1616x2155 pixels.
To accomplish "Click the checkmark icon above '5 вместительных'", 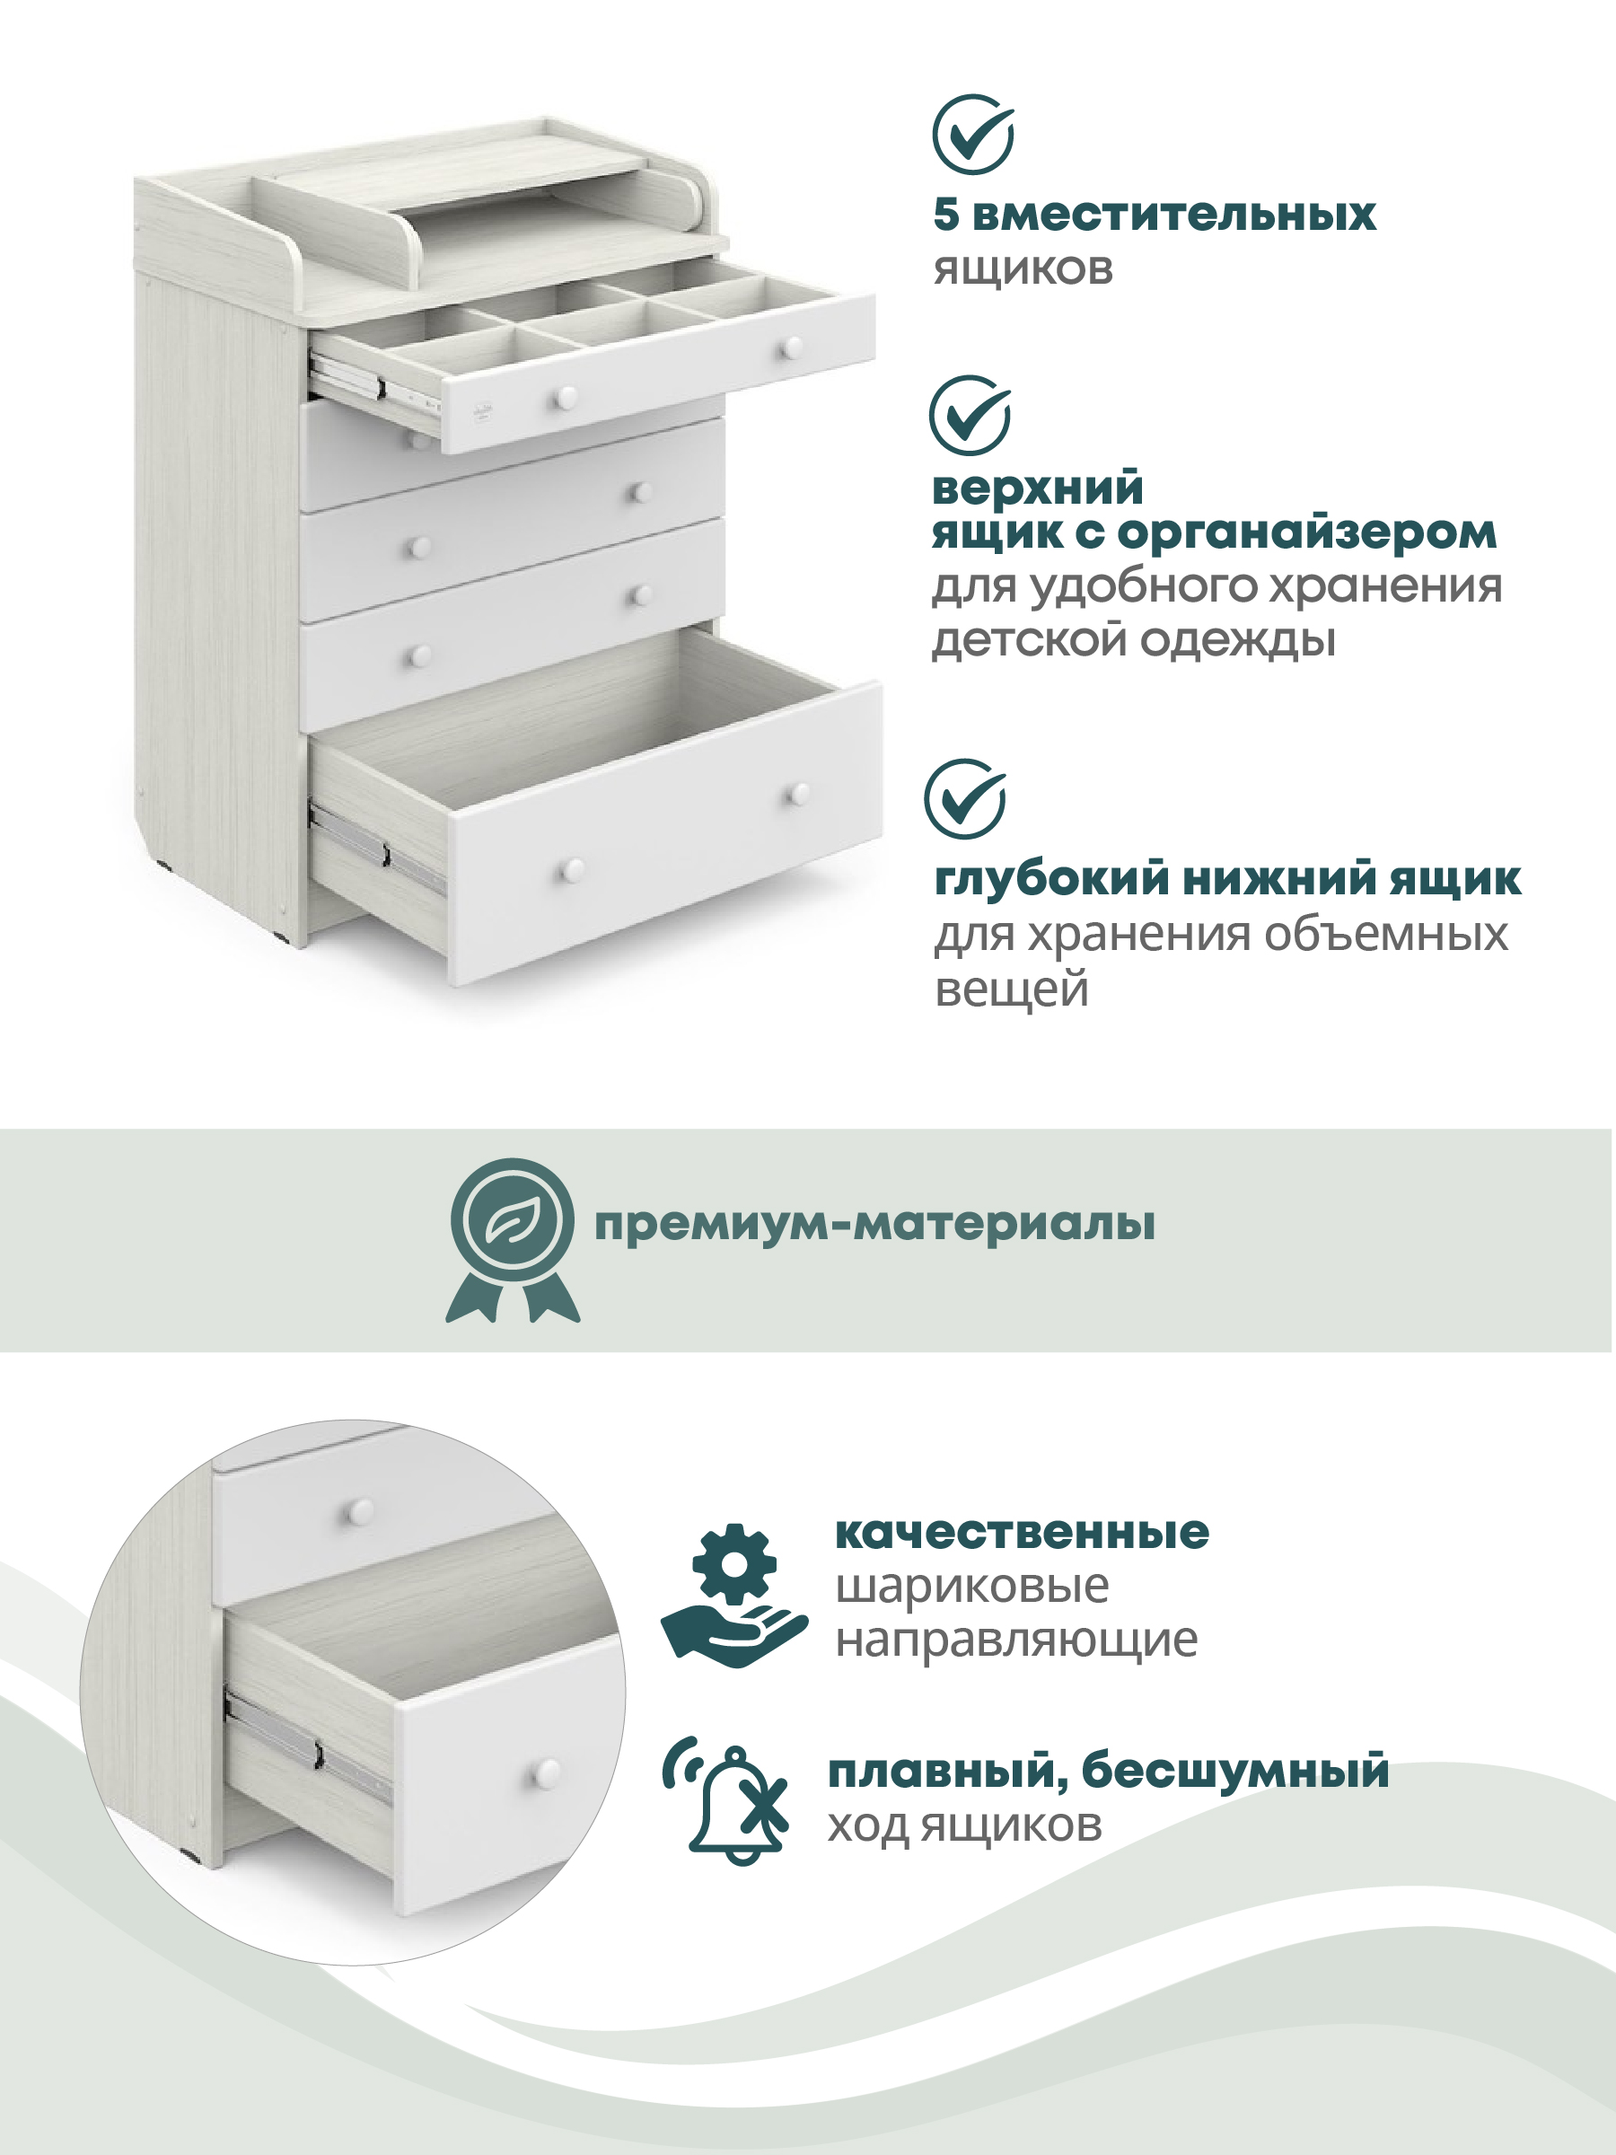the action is click(973, 135).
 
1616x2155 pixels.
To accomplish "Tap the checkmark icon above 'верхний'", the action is click(970, 415).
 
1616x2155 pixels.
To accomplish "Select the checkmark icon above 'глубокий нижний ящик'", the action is click(965, 799).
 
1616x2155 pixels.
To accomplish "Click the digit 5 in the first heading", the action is click(946, 215).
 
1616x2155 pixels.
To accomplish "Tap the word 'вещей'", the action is click(1011, 990).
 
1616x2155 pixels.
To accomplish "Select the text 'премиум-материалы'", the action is click(874, 1225).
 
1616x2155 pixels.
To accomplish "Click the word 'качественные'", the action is click(1022, 1533).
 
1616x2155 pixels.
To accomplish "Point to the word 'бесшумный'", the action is click(1235, 1770).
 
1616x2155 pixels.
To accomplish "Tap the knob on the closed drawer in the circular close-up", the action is click(359, 1511).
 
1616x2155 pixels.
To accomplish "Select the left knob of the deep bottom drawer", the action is click(572, 870).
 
